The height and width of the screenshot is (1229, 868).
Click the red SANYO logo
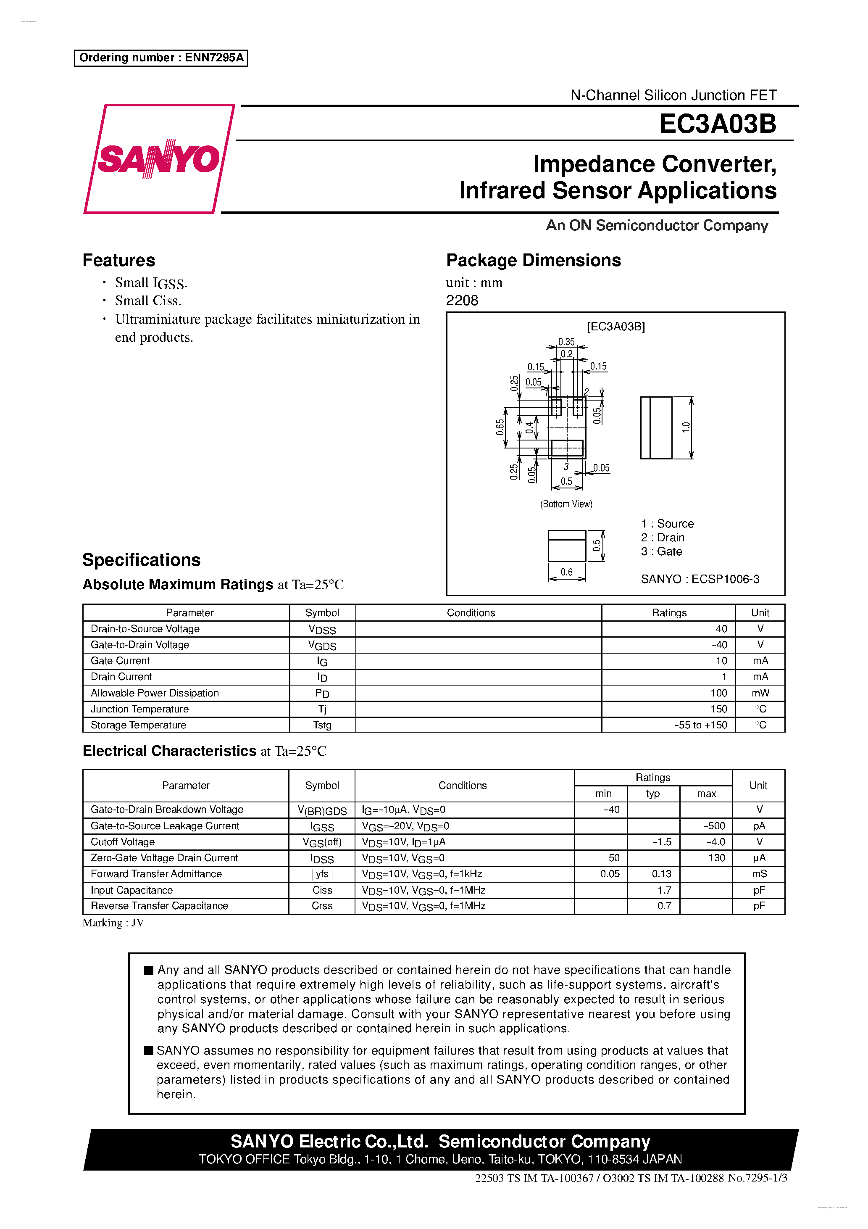(158, 159)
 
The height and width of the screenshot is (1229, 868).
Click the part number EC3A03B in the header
(717, 124)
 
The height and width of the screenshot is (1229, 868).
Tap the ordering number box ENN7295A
(160, 58)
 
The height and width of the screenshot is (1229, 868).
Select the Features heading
(119, 260)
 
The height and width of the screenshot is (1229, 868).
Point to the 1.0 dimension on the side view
(686, 427)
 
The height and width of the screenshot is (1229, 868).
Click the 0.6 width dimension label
(566, 572)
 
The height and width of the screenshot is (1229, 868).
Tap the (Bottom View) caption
(566, 504)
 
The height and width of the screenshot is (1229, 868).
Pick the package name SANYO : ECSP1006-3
(700, 579)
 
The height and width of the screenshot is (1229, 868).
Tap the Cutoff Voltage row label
(123, 842)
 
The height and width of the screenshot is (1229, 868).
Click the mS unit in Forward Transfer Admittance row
(759, 873)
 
